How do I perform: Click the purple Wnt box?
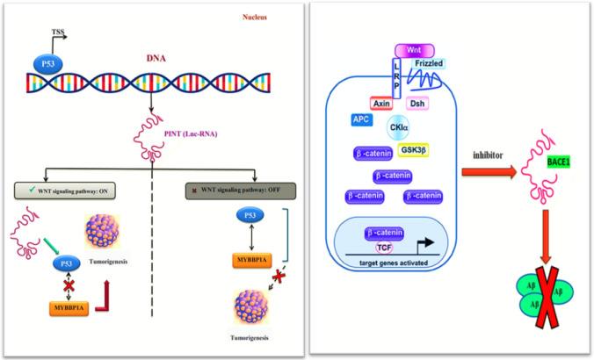[x=405, y=50]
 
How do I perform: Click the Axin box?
[x=380, y=101]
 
